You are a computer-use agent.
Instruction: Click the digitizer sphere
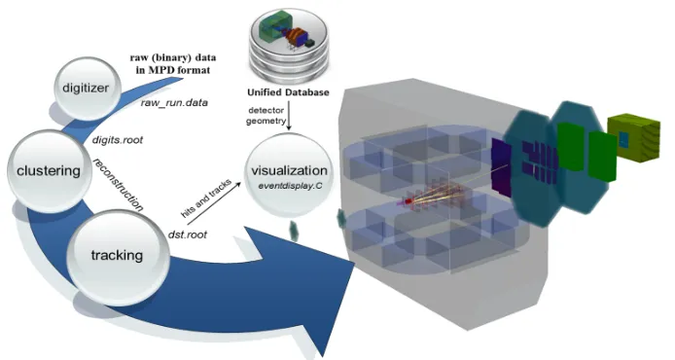(88, 89)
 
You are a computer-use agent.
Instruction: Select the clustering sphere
(49, 171)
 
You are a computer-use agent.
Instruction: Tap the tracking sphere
(118, 256)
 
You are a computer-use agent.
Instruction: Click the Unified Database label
(288, 92)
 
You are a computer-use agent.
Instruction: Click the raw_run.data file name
(174, 103)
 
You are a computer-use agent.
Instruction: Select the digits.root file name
(117, 140)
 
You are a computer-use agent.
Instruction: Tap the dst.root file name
(188, 234)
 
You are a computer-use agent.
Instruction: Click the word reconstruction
(119, 184)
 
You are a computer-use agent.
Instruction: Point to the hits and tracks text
(206, 198)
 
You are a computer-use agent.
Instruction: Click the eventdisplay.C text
(290, 186)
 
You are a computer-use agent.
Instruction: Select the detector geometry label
(266, 116)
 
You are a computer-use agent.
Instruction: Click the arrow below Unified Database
(289, 116)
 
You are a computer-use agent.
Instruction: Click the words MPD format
(173, 70)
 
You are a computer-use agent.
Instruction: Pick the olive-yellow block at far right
(633, 138)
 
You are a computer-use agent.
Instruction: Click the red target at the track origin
(409, 200)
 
